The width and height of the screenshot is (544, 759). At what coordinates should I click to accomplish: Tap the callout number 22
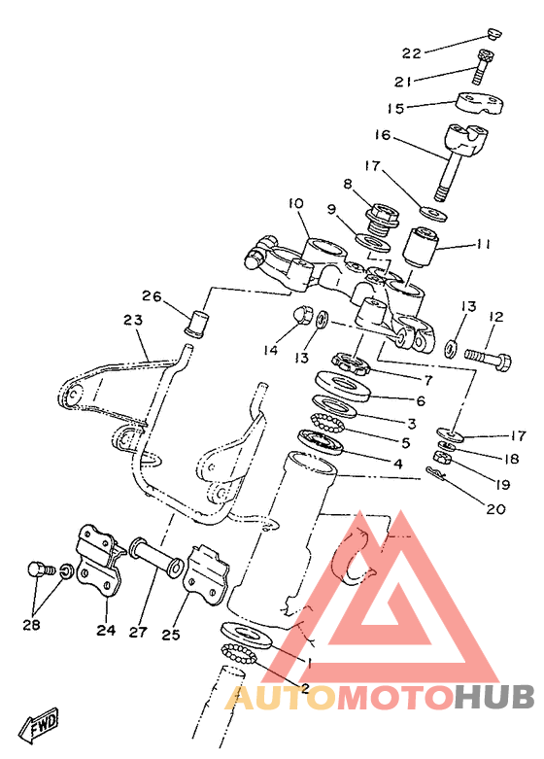[412, 53]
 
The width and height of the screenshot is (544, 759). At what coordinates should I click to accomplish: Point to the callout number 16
[383, 134]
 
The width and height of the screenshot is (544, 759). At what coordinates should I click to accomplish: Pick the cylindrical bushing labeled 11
[421, 246]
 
